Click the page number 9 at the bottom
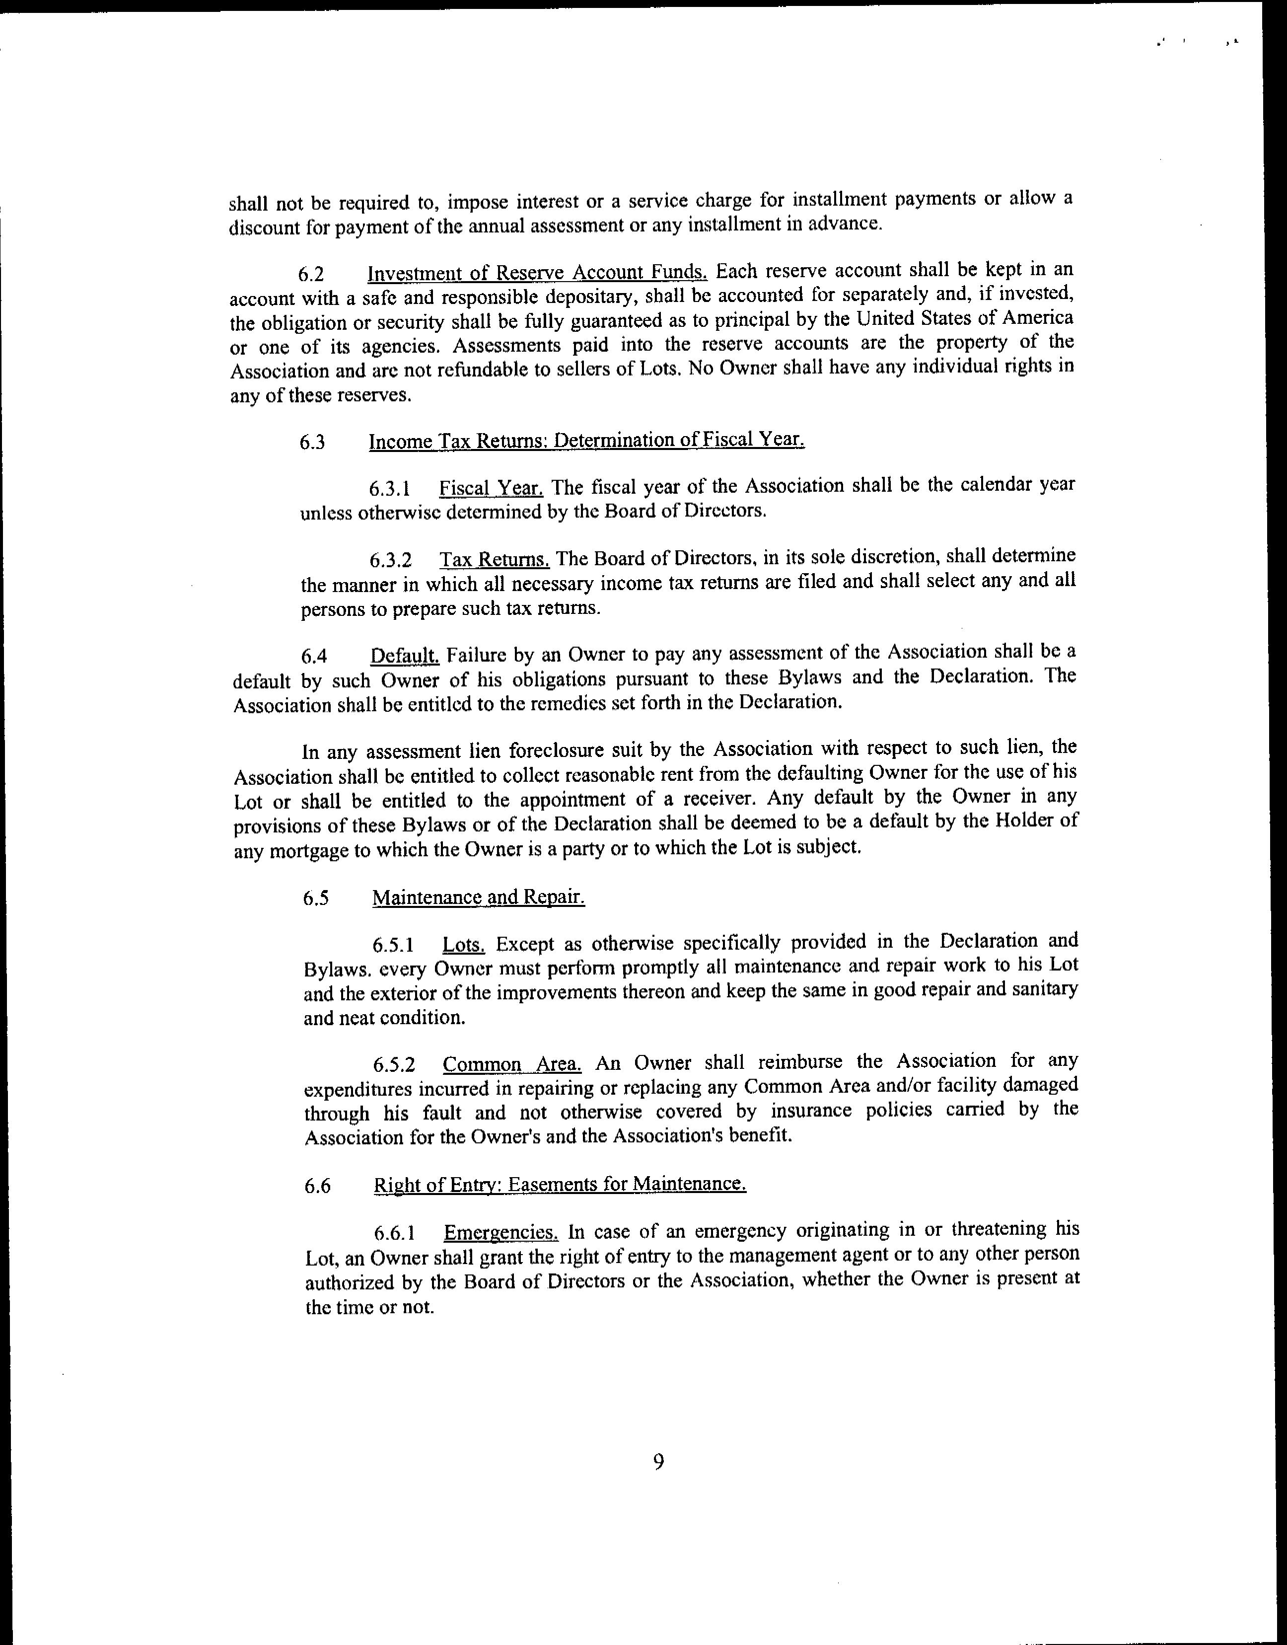(658, 1463)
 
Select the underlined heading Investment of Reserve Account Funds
(537, 273)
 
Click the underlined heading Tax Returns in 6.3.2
(495, 560)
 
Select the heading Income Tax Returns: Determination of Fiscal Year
(587, 440)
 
